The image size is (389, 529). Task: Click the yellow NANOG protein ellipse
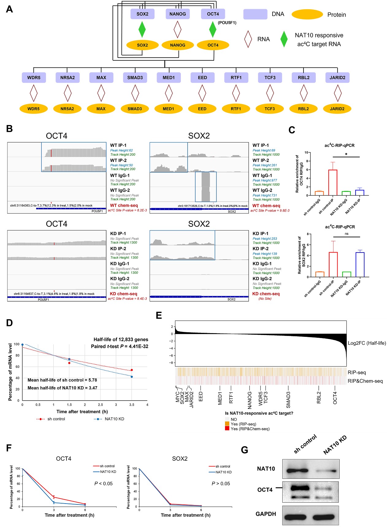coord(177,45)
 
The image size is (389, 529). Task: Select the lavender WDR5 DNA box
coord(34,78)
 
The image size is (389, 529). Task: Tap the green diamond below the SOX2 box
coord(142,29)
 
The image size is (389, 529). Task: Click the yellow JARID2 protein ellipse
coord(337,109)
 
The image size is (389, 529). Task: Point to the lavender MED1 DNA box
coord(169,78)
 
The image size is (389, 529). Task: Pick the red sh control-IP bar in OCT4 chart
coord(333,182)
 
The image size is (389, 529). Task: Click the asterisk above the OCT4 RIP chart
coord(346,154)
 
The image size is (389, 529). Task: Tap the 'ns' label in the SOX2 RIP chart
coord(346,234)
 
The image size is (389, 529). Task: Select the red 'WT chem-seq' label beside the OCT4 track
coord(124,205)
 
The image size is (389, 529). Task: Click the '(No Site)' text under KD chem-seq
coord(265,299)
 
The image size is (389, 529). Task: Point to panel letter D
coord(10,323)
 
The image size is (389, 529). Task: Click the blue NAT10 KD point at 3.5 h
coord(132,377)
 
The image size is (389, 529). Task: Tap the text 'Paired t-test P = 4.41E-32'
coord(120,346)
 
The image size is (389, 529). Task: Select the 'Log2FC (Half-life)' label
coord(367,343)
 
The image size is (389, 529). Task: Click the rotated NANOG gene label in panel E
coord(250,400)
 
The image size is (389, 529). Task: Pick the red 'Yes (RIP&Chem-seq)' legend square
coord(227,428)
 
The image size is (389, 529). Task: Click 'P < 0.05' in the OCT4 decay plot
coord(103,483)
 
